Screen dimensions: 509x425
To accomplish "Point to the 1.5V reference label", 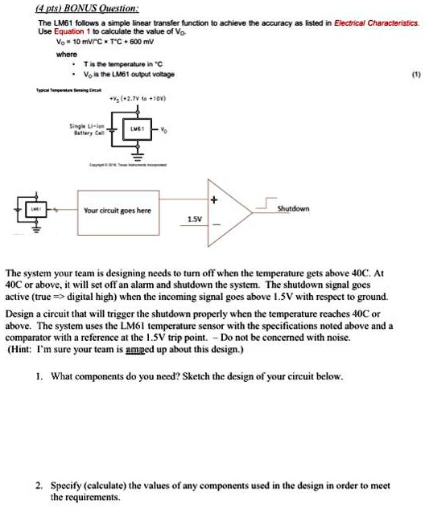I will point(195,219).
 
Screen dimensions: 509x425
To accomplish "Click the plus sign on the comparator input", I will point(214,198).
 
